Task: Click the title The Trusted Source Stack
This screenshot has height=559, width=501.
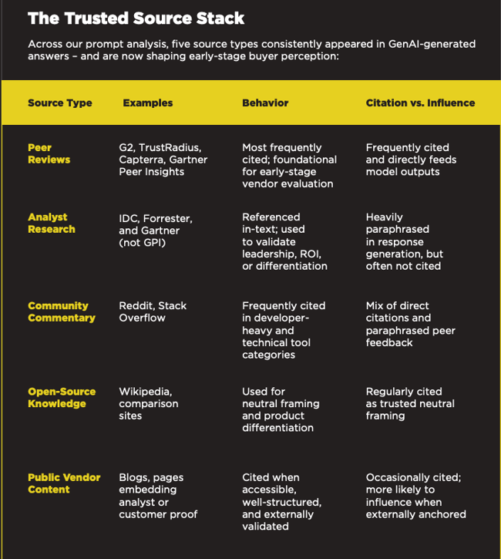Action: pyautogui.click(x=136, y=18)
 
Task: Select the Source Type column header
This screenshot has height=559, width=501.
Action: pyautogui.click(x=59, y=103)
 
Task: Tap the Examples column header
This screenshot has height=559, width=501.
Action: pyautogui.click(x=147, y=103)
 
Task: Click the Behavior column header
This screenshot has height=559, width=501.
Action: pyautogui.click(x=265, y=103)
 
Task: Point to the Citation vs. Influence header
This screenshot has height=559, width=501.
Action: pyautogui.click(x=420, y=103)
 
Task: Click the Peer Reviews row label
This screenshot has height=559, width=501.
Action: pyautogui.click(x=49, y=153)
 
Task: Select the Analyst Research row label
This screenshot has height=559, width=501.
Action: pyautogui.click(x=52, y=223)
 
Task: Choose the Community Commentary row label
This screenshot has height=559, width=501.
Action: pyautogui.click(x=62, y=311)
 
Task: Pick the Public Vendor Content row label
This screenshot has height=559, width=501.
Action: pyautogui.click(x=64, y=483)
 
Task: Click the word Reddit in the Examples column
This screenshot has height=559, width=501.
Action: pyautogui.click(x=135, y=306)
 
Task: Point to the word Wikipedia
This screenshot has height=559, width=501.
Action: pyautogui.click(x=145, y=392)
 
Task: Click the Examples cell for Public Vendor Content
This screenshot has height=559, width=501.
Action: pyautogui.click(x=158, y=496)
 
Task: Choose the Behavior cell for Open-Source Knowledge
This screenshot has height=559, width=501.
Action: pyautogui.click(x=281, y=409)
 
